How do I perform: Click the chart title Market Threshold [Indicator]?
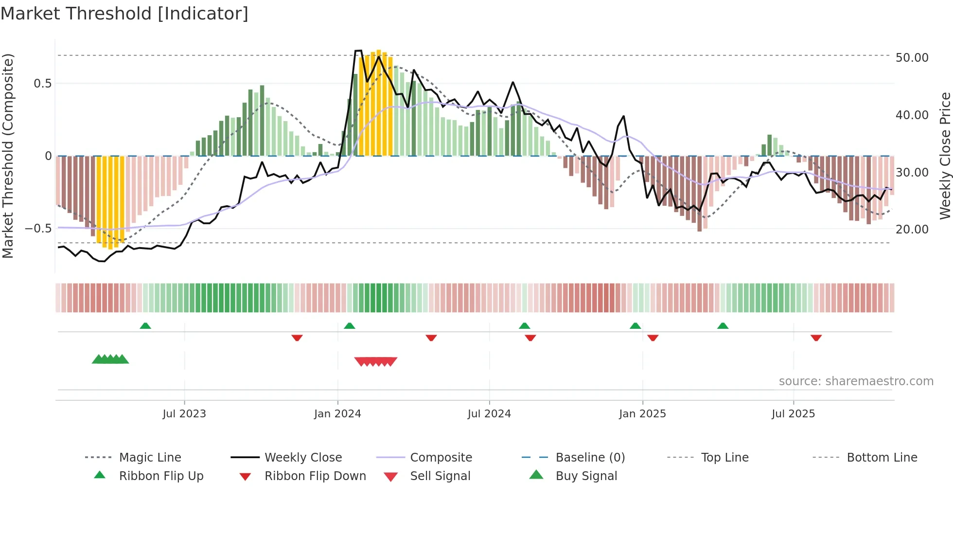click(x=124, y=14)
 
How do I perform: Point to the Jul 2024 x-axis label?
click(x=489, y=414)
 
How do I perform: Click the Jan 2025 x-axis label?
click(x=642, y=414)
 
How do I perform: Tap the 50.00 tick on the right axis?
click(x=912, y=58)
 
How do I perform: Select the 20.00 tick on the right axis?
click(x=912, y=230)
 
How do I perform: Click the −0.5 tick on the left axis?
click(x=38, y=229)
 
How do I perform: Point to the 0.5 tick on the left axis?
click(x=42, y=84)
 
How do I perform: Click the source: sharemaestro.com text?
click(x=856, y=381)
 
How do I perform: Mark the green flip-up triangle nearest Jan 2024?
click(x=349, y=326)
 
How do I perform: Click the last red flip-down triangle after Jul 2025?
click(x=816, y=338)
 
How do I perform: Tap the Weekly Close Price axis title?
click(x=945, y=156)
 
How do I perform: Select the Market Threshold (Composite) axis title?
click(x=8, y=156)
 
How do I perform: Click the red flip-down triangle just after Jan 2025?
click(x=653, y=338)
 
